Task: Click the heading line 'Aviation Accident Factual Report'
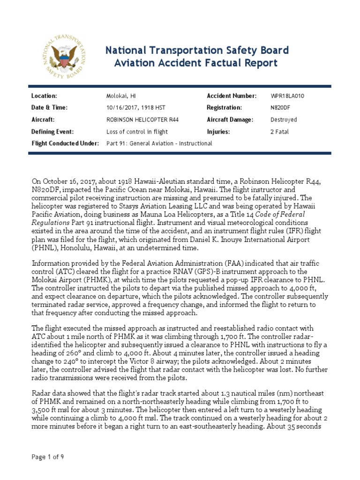click(x=196, y=63)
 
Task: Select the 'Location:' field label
click(x=44, y=96)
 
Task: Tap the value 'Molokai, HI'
click(x=120, y=96)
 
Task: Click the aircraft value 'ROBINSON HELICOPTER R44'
click(x=142, y=120)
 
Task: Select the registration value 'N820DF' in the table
click(x=281, y=107)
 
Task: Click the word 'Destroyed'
click(x=284, y=120)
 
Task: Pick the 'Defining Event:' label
click(x=52, y=132)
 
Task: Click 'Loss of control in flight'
click(x=137, y=132)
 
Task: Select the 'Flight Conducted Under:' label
click(x=65, y=143)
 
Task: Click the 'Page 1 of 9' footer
click(x=48, y=457)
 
